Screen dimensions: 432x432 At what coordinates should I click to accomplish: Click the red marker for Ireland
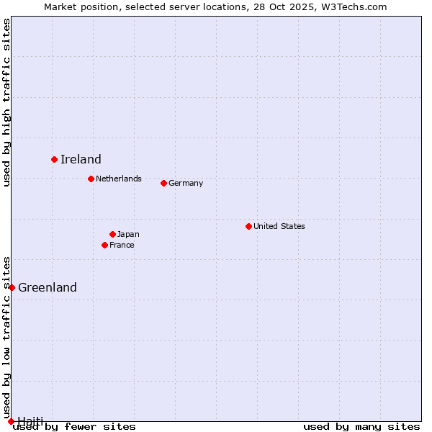54,159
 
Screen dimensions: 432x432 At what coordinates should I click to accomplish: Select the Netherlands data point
91,179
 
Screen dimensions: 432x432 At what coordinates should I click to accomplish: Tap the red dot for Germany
163,183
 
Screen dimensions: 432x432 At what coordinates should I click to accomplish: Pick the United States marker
248,226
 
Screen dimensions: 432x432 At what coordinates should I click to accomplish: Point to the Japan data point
112,234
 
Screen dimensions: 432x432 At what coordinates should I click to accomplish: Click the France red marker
104,245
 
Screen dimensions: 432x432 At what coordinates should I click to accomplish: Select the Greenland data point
12,287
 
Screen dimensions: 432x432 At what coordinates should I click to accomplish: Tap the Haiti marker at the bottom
11,421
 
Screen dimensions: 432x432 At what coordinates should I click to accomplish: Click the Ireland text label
81,159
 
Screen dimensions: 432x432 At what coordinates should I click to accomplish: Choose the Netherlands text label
119,179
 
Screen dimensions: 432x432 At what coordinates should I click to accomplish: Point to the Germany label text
186,183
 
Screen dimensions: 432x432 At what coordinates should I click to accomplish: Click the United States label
279,226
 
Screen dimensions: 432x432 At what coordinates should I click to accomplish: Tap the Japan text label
128,234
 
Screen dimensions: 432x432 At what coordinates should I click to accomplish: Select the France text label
122,245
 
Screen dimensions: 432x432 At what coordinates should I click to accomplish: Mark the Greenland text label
48,287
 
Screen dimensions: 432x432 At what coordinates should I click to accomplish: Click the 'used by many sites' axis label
361,426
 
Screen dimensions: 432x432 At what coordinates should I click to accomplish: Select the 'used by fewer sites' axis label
74,426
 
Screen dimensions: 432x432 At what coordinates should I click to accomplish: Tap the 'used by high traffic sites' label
7,102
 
